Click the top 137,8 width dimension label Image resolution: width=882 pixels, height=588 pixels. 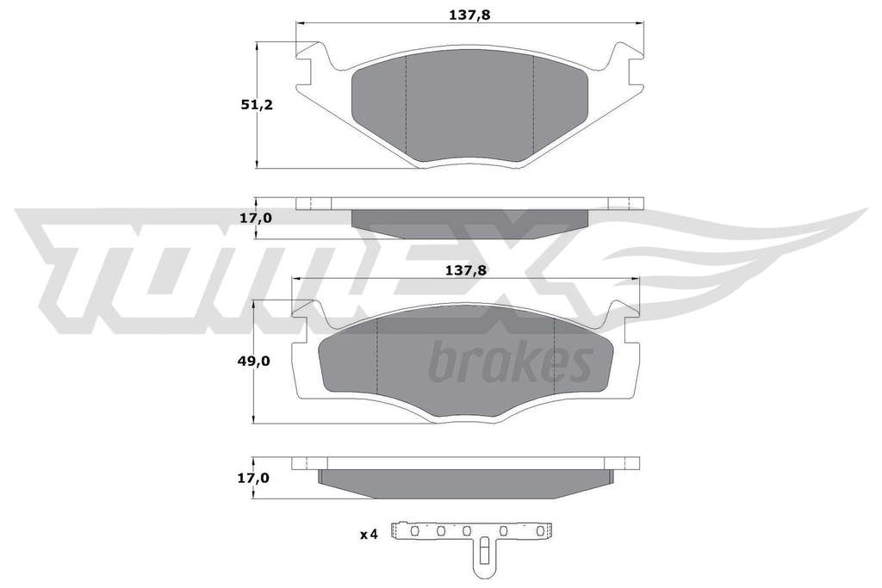[469, 15]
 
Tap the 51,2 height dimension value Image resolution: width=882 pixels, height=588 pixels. [257, 104]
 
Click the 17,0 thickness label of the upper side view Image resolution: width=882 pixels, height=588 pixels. [256, 218]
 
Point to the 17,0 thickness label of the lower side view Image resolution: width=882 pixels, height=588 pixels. [254, 479]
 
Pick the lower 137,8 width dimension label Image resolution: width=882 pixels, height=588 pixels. [466, 270]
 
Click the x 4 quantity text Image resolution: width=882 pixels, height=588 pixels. [369, 535]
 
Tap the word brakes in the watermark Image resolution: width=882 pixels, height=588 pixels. [511, 362]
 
